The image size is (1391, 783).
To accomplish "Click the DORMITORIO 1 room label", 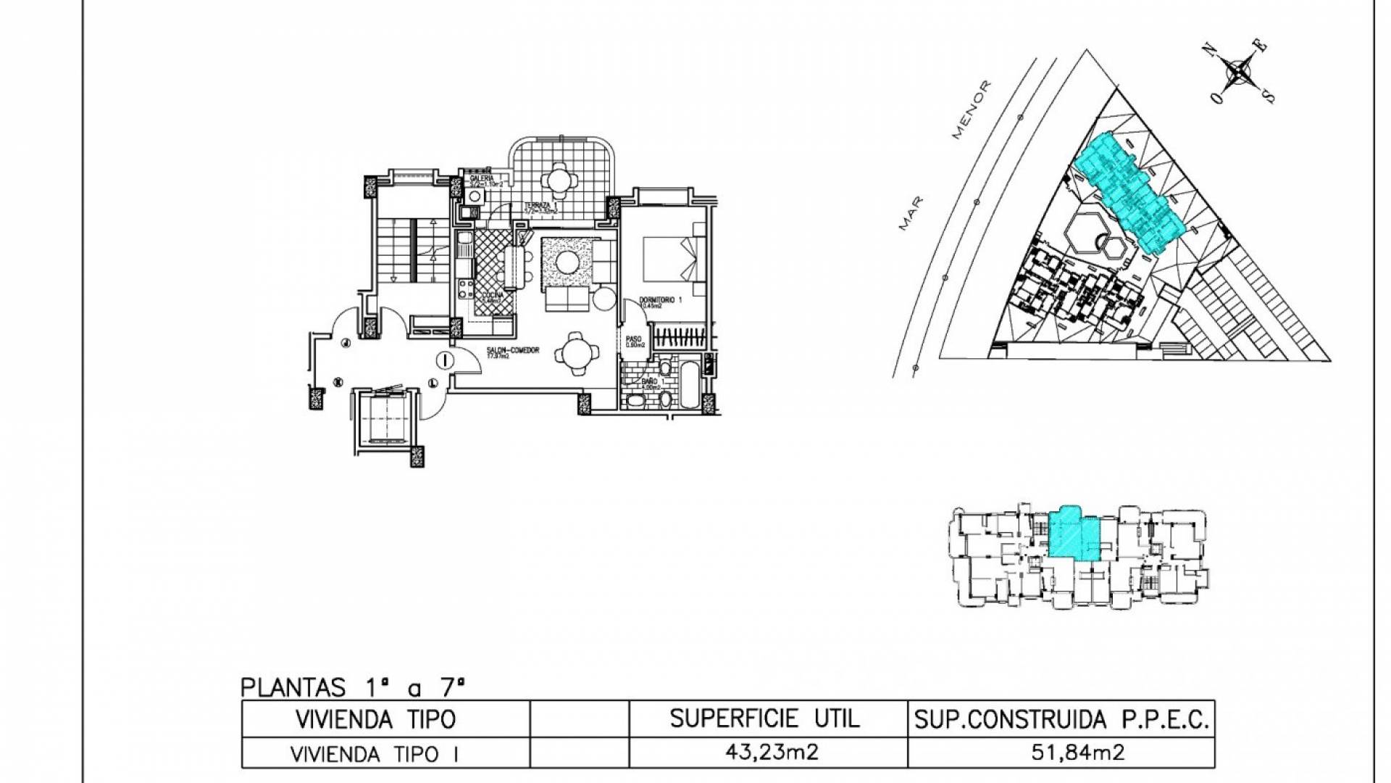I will (662, 299).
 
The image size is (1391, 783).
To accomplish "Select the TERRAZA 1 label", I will (540, 207).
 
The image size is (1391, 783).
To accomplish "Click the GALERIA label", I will (482, 178).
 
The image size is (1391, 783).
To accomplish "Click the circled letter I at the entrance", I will (445, 359).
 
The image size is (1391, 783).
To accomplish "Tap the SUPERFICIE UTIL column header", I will (765, 718).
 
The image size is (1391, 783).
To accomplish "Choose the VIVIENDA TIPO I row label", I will (375, 753).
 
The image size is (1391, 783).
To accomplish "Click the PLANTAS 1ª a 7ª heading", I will (351, 684).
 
